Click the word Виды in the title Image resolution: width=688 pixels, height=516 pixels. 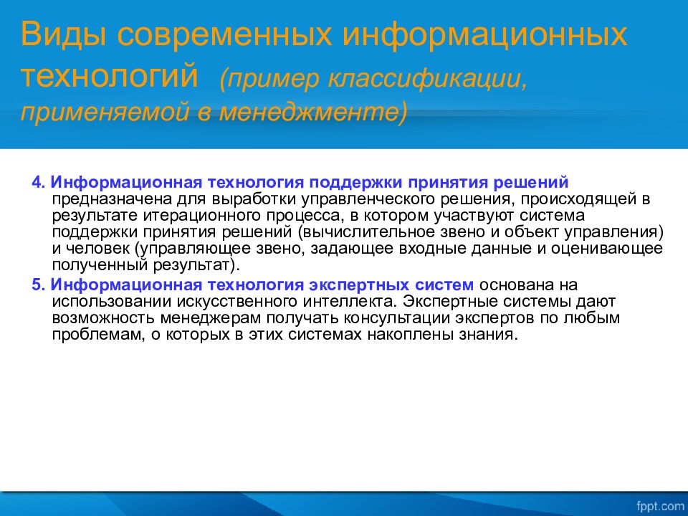(63, 35)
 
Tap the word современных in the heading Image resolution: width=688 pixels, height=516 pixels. (224, 34)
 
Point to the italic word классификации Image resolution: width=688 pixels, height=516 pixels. (426, 80)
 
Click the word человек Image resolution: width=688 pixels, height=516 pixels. (97, 249)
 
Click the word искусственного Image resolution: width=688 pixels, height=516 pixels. (238, 302)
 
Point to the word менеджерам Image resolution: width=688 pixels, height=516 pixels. (211, 318)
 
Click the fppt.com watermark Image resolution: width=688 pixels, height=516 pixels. (660, 506)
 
